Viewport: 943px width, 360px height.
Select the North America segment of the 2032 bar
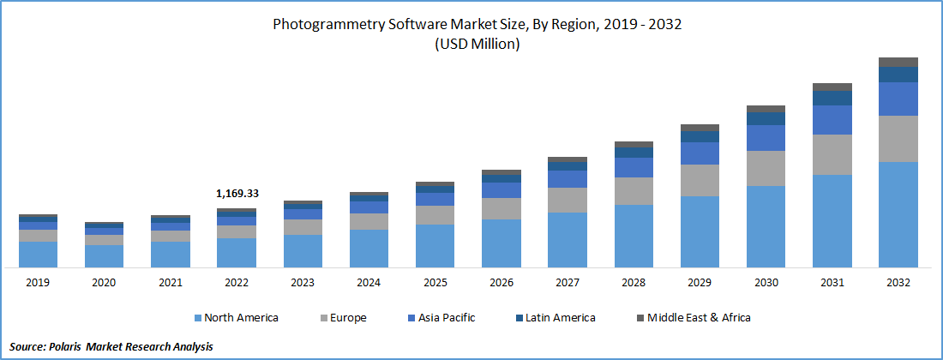click(x=898, y=214)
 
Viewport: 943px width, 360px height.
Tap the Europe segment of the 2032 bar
click(x=898, y=139)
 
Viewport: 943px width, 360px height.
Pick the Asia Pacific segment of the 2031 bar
click(x=832, y=120)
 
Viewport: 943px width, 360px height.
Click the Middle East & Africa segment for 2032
click(x=898, y=62)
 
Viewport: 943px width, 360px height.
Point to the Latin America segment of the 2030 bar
click(x=766, y=119)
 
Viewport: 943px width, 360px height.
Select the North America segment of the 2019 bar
click(x=38, y=254)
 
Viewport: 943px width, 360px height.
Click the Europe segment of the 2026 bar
click(x=502, y=208)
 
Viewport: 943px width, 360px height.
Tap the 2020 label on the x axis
click(x=104, y=282)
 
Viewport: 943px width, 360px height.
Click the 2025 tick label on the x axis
click(x=435, y=282)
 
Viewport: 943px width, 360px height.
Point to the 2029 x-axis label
click(x=700, y=282)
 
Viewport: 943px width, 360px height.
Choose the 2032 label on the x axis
click(x=898, y=282)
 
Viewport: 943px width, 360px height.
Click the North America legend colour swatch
click(x=198, y=318)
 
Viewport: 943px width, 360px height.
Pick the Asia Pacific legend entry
click(x=446, y=318)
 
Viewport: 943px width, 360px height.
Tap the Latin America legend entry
click(x=560, y=318)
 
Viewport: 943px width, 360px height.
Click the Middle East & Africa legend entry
click(x=699, y=318)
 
